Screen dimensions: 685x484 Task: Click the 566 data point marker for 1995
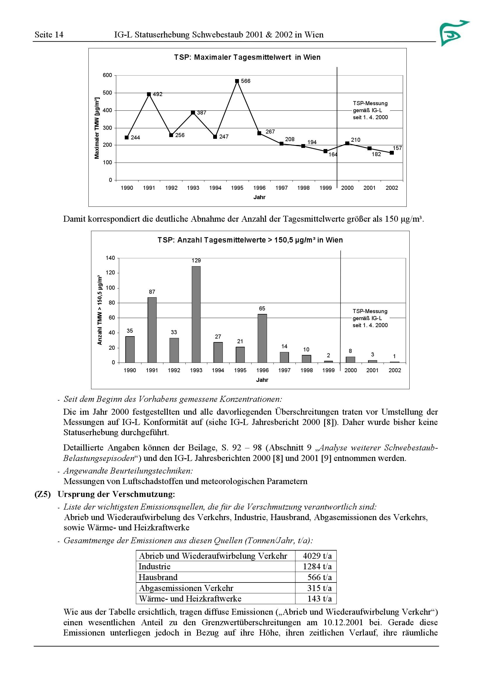(237, 81)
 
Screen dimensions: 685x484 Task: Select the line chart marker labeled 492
(149, 94)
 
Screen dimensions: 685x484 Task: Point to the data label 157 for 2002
(397, 148)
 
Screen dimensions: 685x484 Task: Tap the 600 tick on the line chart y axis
(107, 75)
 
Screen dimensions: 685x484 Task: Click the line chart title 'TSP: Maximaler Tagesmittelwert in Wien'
(247, 57)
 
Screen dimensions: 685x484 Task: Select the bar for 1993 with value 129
(196, 314)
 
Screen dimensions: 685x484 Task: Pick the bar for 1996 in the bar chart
(262, 338)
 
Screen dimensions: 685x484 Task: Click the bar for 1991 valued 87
(152, 330)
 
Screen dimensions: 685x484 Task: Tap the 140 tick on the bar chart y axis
(110, 258)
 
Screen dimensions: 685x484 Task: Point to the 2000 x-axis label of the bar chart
(350, 370)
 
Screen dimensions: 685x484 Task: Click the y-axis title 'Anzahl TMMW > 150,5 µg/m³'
(100, 310)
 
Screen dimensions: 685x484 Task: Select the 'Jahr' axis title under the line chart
(259, 197)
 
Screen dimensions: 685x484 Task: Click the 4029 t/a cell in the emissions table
(317, 556)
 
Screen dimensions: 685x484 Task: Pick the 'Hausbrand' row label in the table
(158, 577)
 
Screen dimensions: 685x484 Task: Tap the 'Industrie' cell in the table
(155, 567)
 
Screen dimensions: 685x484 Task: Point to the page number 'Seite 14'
(49, 35)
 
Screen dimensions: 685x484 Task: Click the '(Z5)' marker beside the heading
(43, 494)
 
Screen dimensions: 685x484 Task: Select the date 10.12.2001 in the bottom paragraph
(343, 622)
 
